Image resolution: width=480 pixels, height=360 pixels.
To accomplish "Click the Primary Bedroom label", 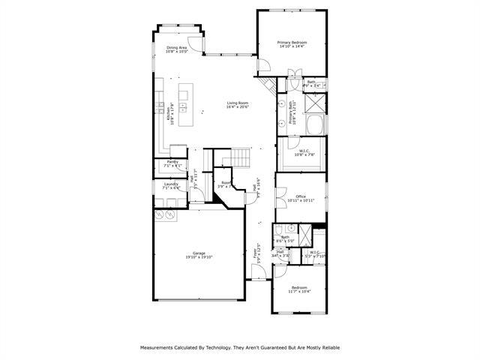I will pos(292,43).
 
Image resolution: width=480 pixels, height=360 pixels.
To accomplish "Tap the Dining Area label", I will pos(177,47).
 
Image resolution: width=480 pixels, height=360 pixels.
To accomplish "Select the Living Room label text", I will pos(237,103).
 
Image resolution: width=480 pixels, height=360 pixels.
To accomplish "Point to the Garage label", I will pos(199,253).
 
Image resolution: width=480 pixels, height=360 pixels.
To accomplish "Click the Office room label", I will pos(300,196).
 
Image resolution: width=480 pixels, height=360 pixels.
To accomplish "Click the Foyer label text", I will pos(256,253).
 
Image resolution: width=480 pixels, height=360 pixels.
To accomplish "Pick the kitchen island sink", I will pos(182,107).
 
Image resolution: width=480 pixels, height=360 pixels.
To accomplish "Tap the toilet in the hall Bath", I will pos(277,229).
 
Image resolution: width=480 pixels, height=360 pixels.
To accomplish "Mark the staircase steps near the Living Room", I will pos(238,157).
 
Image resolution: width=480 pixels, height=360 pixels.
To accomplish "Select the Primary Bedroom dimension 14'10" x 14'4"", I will pos(292,47).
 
